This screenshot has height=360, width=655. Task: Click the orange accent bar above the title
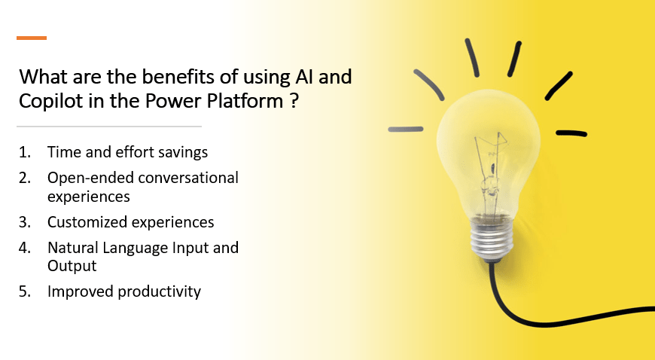(32, 38)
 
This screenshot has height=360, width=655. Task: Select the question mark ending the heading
(294, 101)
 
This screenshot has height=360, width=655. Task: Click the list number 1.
(25, 152)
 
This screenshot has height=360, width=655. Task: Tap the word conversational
(188, 178)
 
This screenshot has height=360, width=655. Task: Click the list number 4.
(25, 248)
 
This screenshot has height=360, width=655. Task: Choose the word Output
(72, 266)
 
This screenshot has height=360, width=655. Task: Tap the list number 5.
(25, 291)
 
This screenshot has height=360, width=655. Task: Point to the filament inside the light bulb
(491, 175)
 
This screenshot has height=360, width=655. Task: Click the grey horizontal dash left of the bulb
(406, 130)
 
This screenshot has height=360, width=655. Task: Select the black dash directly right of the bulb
(571, 133)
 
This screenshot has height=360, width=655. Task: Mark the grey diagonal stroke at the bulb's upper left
(428, 85)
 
